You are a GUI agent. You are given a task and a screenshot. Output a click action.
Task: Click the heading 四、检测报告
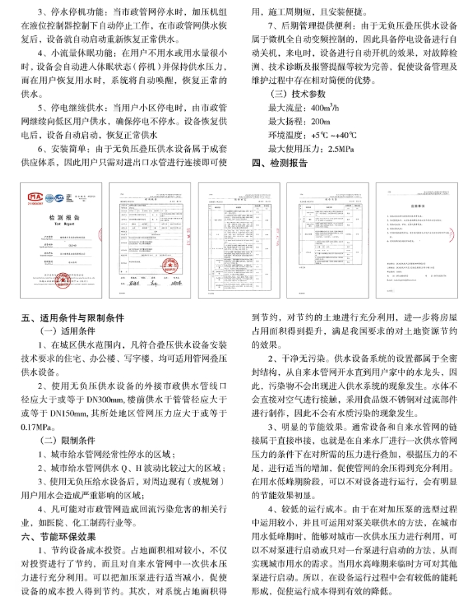point(279,163)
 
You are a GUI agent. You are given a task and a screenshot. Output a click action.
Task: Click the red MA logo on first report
point(35,198)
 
